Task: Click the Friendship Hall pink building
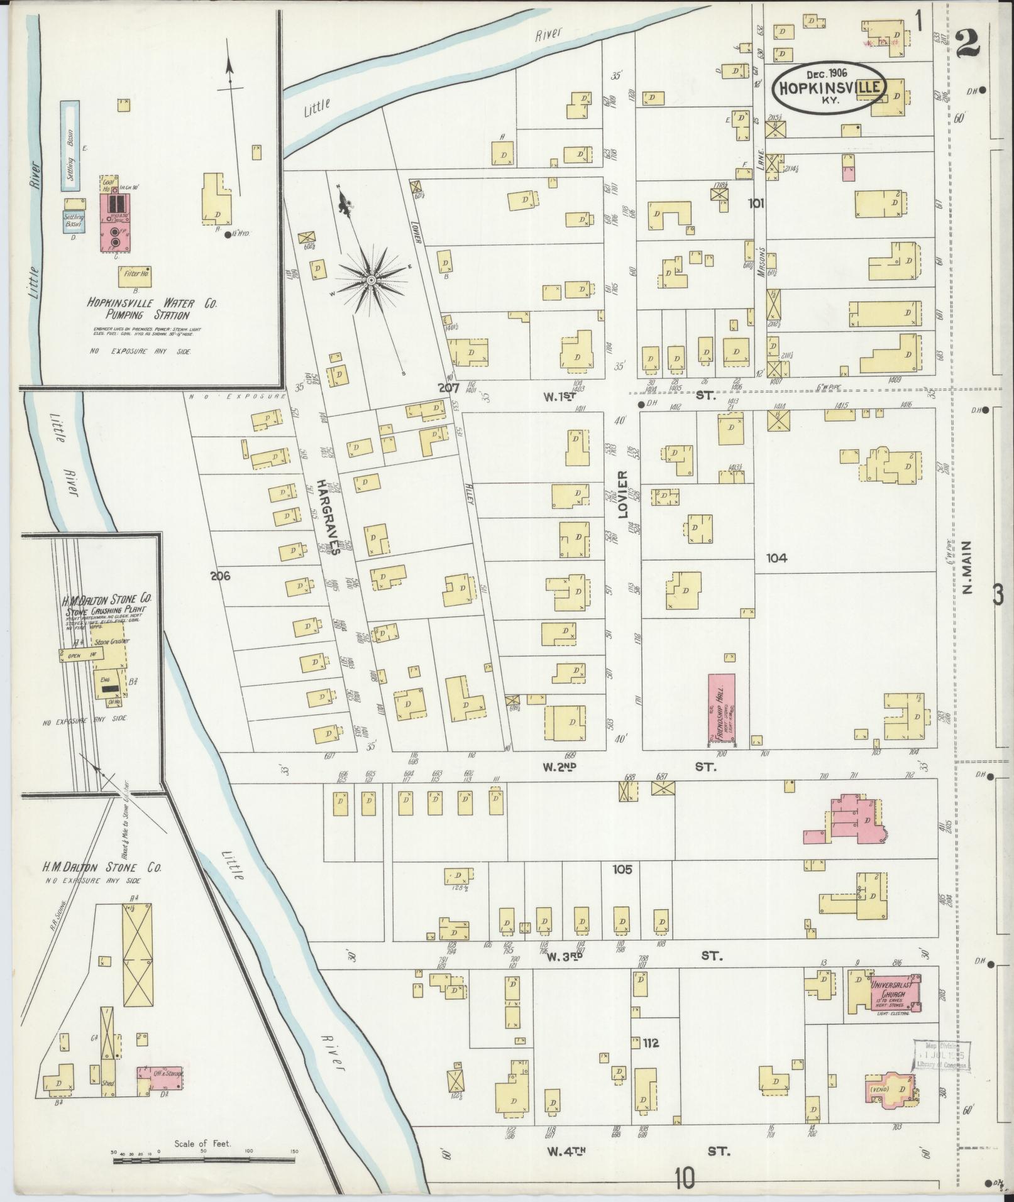pos(722,706)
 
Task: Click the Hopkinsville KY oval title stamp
pos(829,87)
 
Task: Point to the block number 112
pos(651,1044)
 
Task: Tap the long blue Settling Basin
pos(70,146)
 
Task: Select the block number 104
pos(776,557)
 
